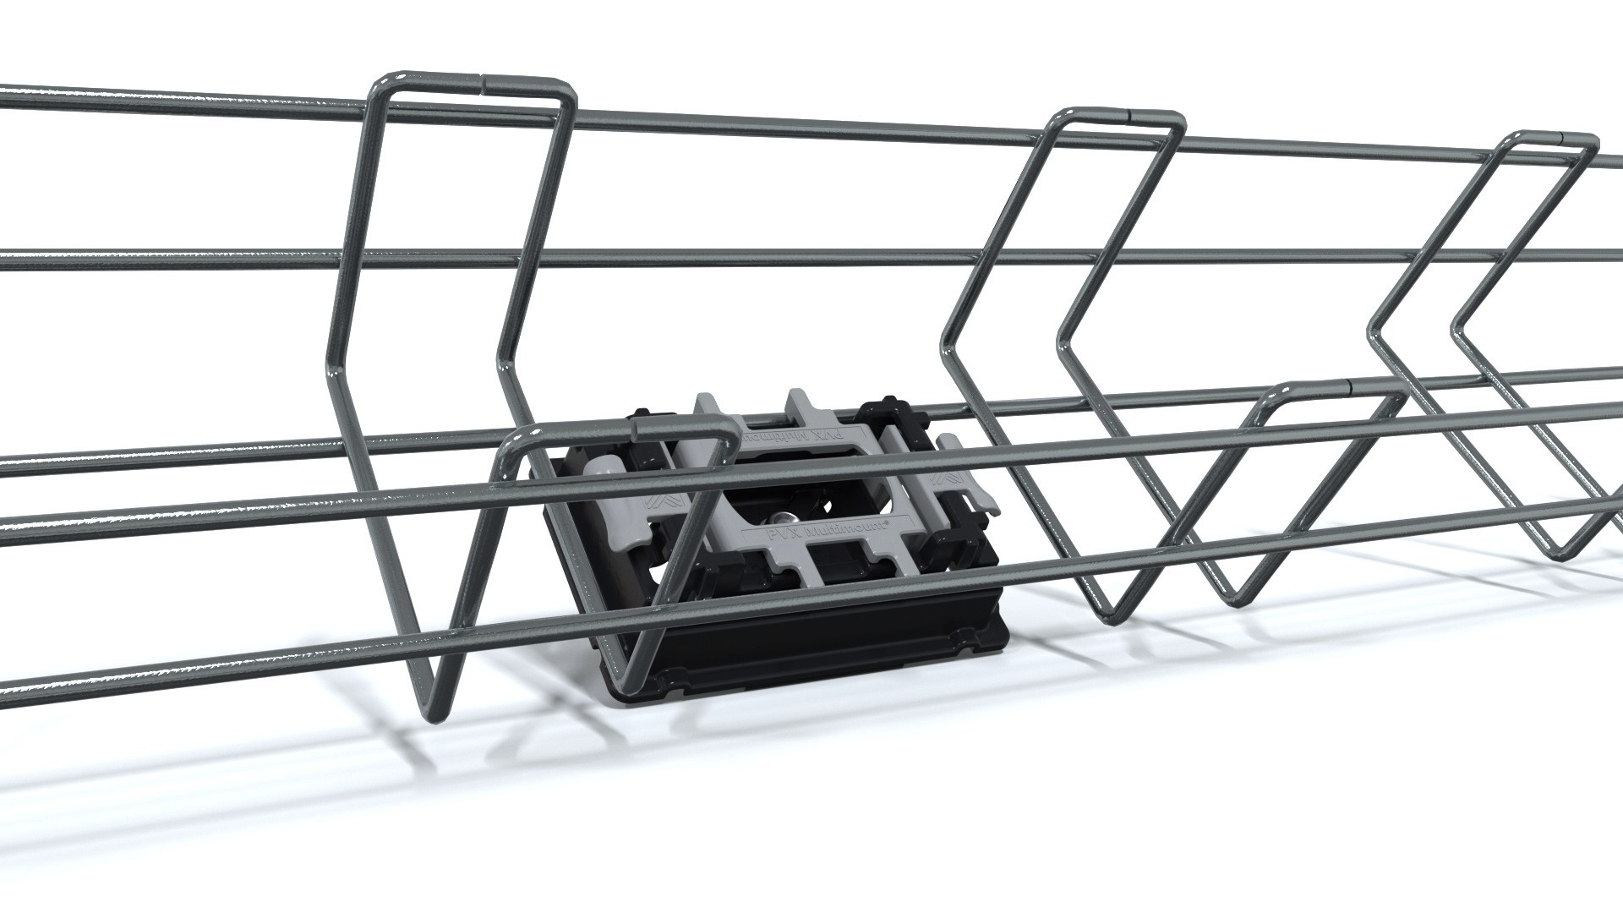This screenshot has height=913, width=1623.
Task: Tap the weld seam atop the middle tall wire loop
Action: click(x=1131, y=112)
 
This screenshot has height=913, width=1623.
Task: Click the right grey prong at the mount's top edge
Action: click(x=797, y=397)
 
